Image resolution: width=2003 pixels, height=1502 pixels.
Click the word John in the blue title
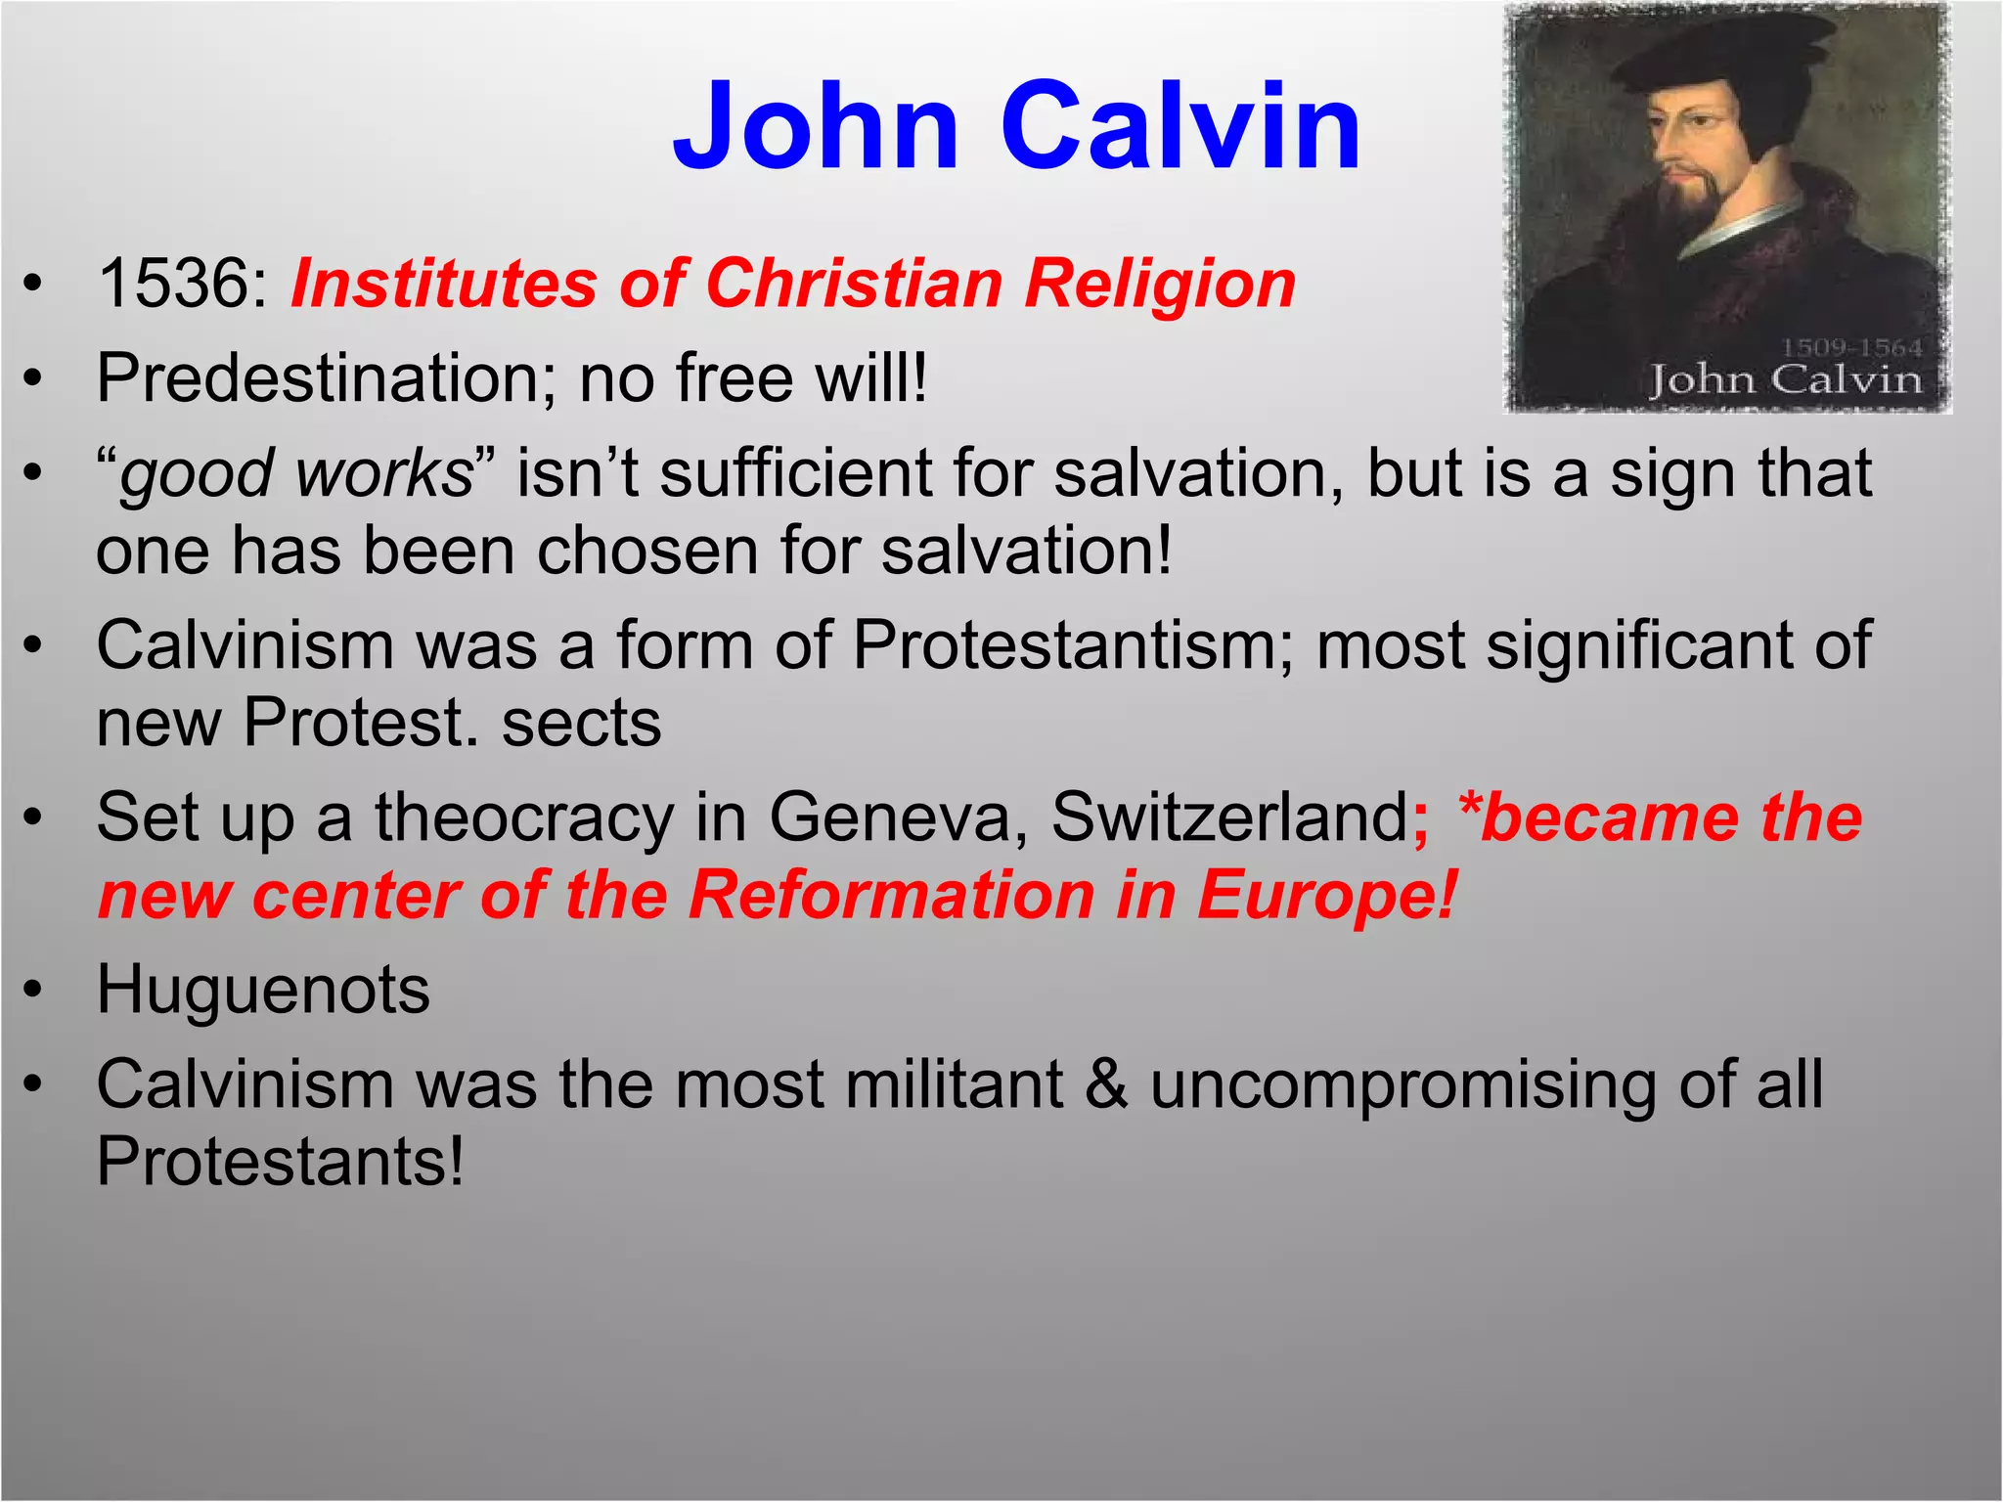[x=816, y=127]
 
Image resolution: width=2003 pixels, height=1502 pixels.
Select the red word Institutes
[x=443, y=285]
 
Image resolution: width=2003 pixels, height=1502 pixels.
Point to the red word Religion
[x=1160, y=285]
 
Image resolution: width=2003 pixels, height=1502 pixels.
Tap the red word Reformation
[x=891, y=896]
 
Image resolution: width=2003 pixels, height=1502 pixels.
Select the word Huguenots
[x=263, y=991]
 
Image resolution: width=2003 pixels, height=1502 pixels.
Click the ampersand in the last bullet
[x=1106, y=1085]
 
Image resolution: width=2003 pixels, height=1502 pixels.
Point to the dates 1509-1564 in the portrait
[x=1850, y=348]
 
